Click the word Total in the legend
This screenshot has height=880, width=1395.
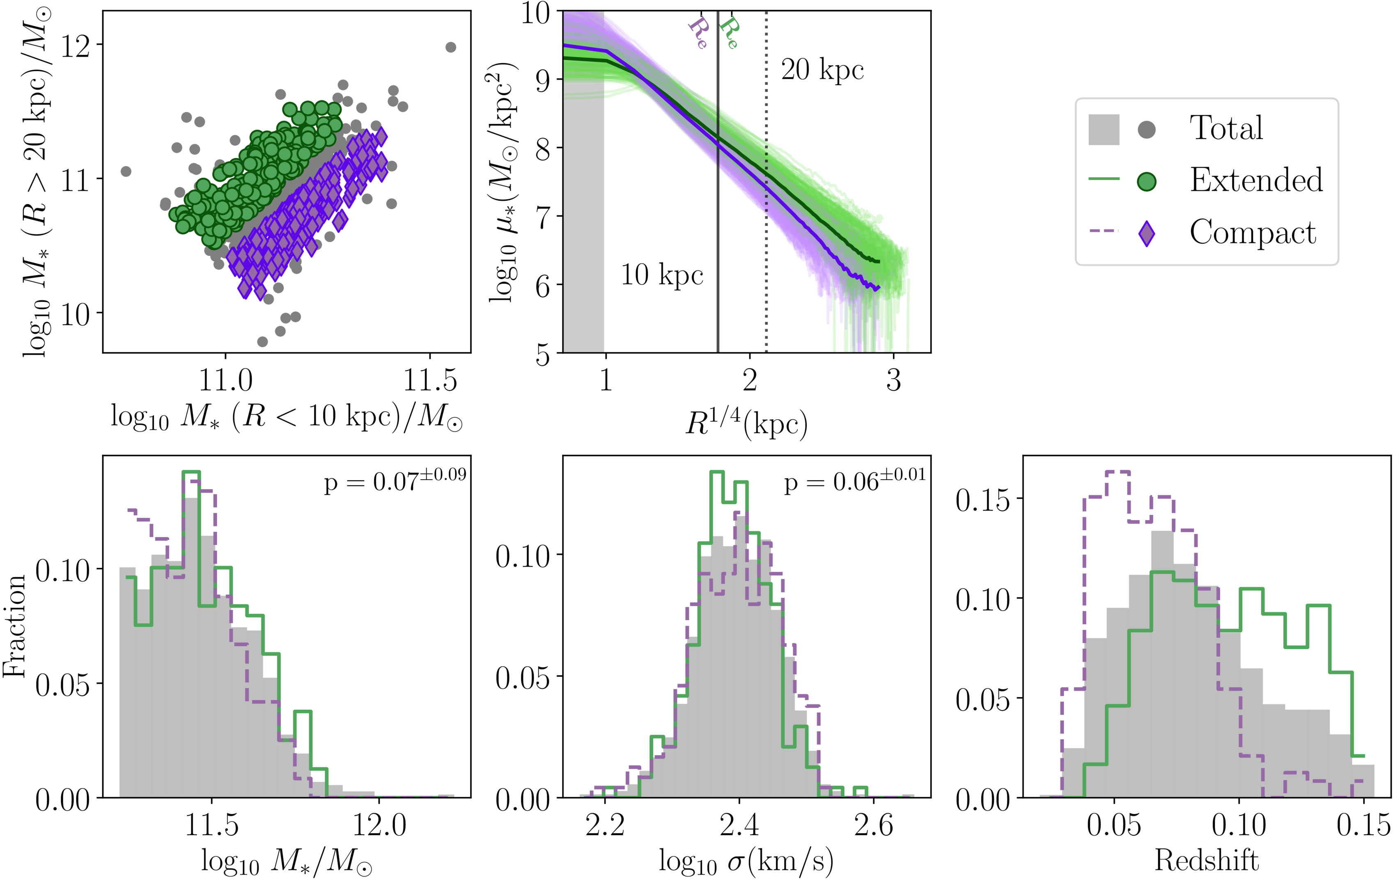pyautogui.click(x=1226, y=128)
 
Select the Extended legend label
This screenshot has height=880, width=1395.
pyautogui.click(x=1256, y=180)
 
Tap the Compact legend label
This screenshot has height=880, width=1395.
pyautogui.click(x=1253, y=232)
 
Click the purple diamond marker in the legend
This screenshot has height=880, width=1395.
pyautogui.click(x=1147, y=233)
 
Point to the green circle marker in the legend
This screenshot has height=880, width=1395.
pyautogui.click(x=1147, y=181)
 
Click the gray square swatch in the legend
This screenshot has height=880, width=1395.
pyautogui.click(x=1104, y=129)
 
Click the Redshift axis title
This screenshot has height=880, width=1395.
pyautogui.click(x=1207, y=860)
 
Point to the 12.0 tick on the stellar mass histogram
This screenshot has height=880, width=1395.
pyautogui.click(x=379, y=825)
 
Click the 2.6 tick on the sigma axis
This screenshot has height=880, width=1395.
pyautogui.click(x=874, y=825)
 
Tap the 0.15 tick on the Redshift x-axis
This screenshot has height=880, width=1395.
pyautogui.click(x=1363, y=825)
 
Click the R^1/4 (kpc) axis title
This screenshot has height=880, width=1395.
pyautogui.click(x=746, y=424)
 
